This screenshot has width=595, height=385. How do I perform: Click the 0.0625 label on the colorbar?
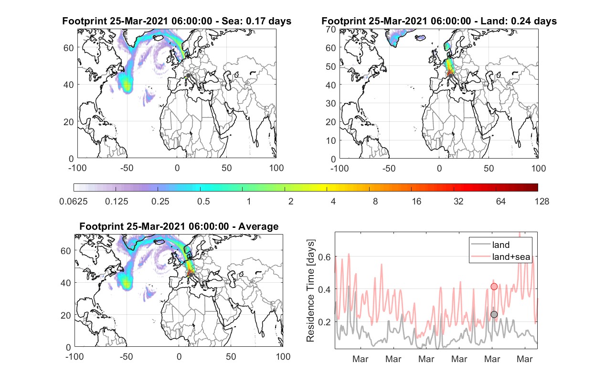point(74,202)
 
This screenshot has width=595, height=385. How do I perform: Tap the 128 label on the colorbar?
point(542,202)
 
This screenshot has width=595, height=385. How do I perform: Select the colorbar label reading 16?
point(416,202)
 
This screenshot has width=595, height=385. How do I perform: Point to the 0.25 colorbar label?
point(160,202)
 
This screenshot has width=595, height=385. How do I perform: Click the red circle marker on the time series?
point(494,287)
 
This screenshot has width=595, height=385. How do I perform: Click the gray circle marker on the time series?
point(494,314)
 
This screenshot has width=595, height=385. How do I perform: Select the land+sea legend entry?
point(500,257)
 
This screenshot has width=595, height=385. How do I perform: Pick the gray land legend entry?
point(490,245)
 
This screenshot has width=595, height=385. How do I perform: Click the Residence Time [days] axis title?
point(310,291)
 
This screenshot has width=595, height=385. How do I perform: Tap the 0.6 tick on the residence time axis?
point(324,257)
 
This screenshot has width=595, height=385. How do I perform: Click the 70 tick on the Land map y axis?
point(331,29)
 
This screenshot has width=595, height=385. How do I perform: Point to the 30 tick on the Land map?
point(331,103)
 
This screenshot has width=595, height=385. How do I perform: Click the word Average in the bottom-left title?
point(258,226)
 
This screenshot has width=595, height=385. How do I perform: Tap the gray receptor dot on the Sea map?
point(188,75)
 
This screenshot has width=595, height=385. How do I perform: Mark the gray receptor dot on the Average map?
point(191,275)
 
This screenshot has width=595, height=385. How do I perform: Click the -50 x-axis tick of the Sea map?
point(127,168)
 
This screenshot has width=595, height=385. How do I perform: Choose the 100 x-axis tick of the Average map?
point(283,356)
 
